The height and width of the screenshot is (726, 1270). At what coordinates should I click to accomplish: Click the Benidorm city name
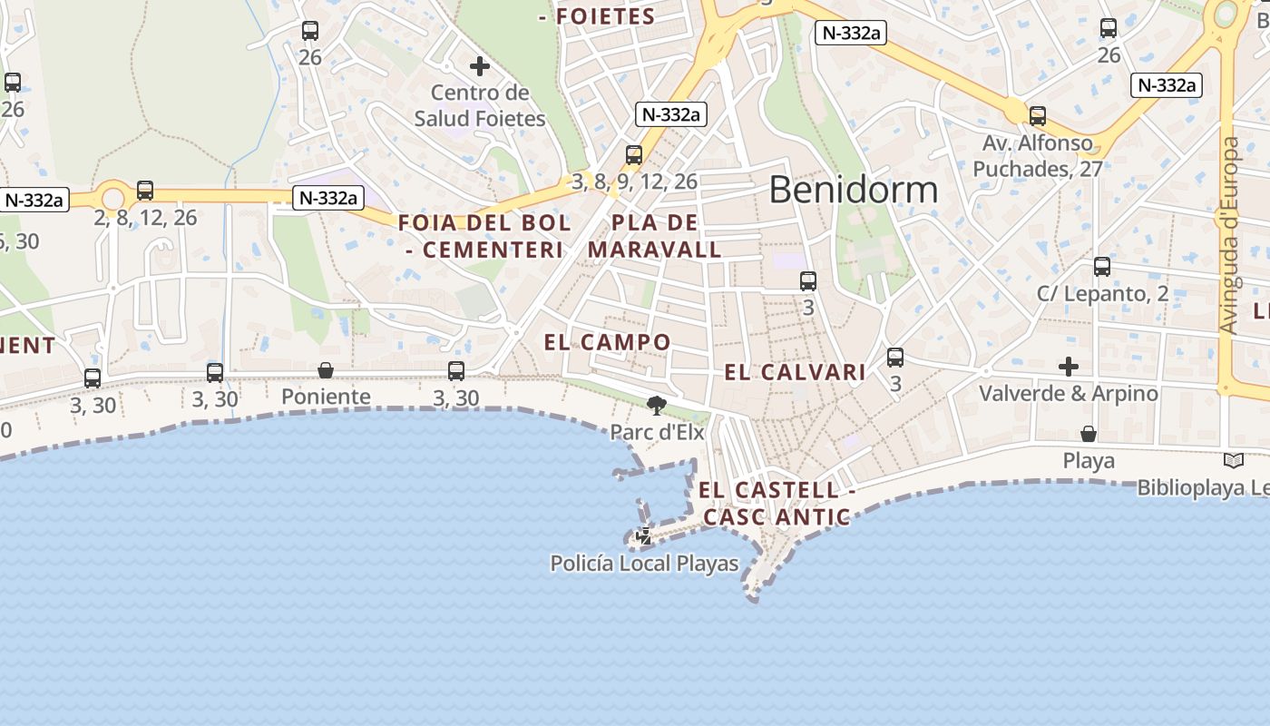[853, 190]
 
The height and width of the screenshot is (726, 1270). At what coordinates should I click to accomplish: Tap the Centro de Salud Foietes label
[480, 105]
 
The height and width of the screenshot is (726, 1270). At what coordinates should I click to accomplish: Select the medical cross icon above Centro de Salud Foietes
[480, 66]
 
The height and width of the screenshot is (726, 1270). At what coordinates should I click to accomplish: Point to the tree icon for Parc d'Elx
[657, 406]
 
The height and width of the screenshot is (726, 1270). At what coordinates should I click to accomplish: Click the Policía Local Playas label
[645, 564]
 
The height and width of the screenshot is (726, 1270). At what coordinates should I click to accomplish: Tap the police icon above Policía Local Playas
[644, 536]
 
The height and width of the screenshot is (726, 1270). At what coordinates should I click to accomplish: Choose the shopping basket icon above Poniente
[326, 370]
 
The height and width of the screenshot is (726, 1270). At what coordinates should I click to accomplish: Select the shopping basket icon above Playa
[1088, 434]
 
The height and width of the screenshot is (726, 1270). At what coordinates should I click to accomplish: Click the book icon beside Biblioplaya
[1233, 461]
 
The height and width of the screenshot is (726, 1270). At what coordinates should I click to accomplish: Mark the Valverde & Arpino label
[1069, 393]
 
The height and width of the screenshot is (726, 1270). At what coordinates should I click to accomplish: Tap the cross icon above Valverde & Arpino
[1069, 367]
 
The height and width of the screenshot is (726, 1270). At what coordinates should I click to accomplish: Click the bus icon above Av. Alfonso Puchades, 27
[1038, 116]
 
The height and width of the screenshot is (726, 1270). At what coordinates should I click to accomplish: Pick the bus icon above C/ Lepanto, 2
[1102, 267]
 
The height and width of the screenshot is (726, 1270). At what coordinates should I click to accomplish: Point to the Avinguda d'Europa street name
[1229, 236]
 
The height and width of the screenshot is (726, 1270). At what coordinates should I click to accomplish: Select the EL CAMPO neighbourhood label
[607, 342]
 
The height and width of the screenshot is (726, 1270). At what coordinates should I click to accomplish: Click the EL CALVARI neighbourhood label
[795, 372]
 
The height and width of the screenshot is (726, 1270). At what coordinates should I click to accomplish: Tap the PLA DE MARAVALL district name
[655, 236]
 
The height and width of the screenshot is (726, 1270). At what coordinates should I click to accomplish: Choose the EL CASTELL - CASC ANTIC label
[777, 504]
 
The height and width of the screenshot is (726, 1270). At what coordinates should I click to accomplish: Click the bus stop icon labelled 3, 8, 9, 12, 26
[634, 155]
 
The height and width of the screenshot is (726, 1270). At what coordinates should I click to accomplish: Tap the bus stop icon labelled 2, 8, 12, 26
[145, 191]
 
